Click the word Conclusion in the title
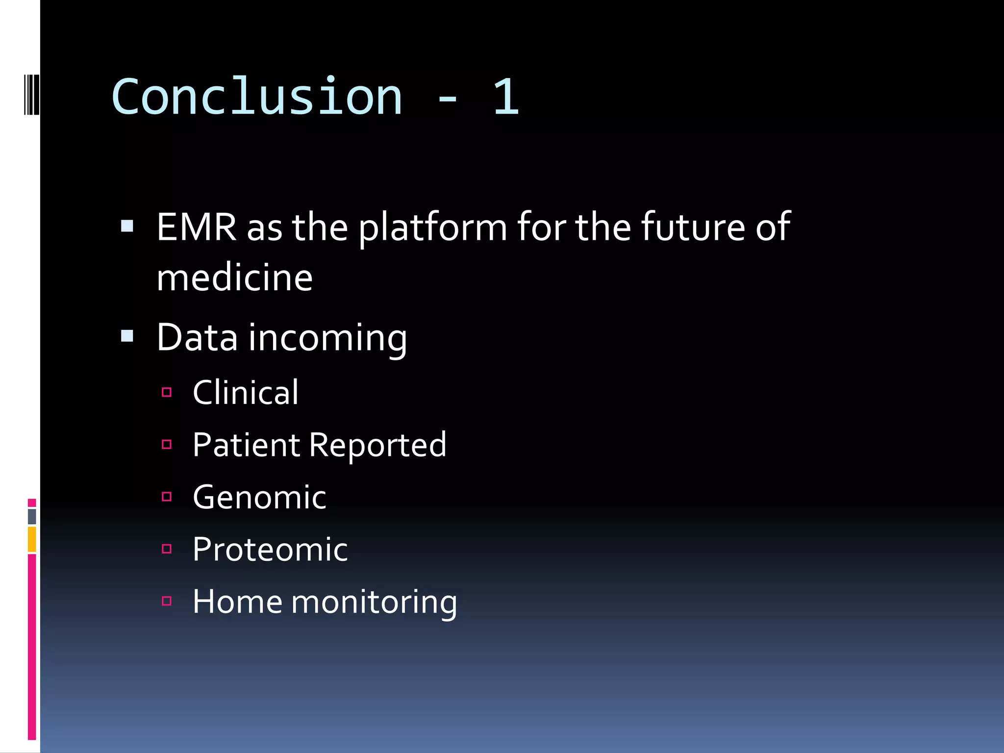257,97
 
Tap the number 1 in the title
506,97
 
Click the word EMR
197,227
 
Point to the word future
693,227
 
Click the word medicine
234,278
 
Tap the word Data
197,338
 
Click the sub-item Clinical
245,393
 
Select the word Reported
378,446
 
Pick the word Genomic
259,498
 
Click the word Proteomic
270,550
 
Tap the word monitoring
374,602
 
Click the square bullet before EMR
127,226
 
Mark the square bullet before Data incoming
127,336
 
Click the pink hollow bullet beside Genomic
167,497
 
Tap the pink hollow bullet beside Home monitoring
167,601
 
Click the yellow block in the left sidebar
32,539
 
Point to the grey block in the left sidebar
32,516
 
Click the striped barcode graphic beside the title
32,94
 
